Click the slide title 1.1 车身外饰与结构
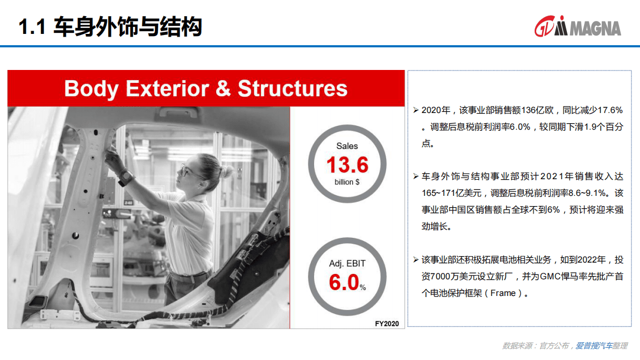click(110, 27)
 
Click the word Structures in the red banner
click(293, 88)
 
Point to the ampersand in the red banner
click(223, 89)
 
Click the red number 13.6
click(347, 165)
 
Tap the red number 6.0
click(344, 283)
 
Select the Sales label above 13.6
click(347, 146)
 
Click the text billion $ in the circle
click(347, 182)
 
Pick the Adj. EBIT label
click(347, 264)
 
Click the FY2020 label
click(387, 323)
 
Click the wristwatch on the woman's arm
click(125, 177)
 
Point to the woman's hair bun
click(226, 171)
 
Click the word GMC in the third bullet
click(539, 277)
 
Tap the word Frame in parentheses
click(503, 293)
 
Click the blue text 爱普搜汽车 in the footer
click(593, 345)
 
